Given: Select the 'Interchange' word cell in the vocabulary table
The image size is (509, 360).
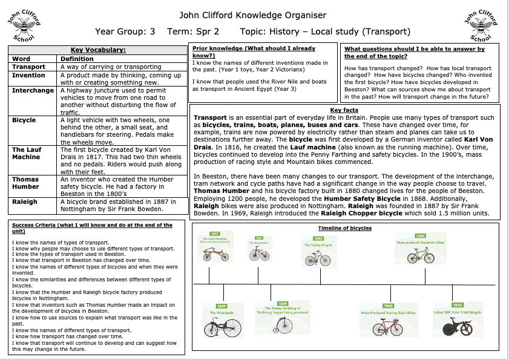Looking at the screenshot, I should coord(33,90).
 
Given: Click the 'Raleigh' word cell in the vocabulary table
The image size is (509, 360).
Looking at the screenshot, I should coord(25,201).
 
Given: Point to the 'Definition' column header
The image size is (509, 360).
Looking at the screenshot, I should coord(77,59).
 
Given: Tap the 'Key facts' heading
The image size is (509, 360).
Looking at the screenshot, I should coord(344,110).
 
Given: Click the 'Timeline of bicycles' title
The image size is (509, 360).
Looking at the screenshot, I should coord(345,228).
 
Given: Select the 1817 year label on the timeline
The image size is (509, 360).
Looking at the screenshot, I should coord(214,234).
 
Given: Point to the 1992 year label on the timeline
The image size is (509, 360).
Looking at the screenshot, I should coord(458,306).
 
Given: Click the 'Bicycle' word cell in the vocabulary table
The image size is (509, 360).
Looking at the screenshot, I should coord(24,120).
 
